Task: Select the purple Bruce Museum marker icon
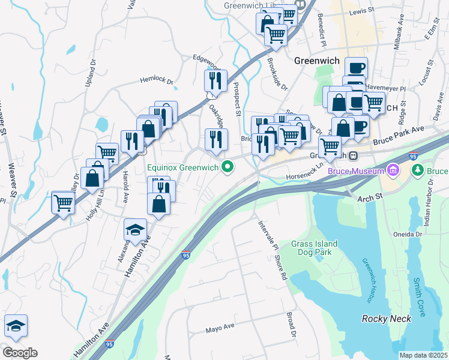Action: [393, 171]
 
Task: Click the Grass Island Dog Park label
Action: [314, 248]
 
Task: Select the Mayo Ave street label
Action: [219, 329]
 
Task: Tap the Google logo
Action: [19, 353]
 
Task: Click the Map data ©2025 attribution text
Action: [423, 355]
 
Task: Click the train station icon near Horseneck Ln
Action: [354, 156]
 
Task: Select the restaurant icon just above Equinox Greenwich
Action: [216, 139]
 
